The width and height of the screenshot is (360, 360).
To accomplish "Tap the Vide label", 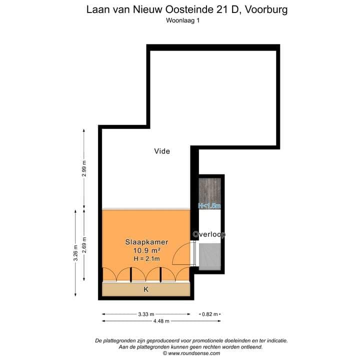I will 162,151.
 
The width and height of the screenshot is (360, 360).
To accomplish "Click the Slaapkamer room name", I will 146,242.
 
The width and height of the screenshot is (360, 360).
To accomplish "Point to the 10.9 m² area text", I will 146,250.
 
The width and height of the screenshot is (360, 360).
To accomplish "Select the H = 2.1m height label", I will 146,258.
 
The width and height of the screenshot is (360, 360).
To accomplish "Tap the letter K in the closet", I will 146,289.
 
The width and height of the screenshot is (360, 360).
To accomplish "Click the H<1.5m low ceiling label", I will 209,205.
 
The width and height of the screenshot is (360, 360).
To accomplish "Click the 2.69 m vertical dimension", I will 84,244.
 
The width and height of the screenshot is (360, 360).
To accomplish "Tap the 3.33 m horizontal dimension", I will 146,314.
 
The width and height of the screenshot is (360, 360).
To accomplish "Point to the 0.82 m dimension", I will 210,314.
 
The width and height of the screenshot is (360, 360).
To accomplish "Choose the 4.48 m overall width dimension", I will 161,321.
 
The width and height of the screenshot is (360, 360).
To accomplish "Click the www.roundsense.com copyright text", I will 191,353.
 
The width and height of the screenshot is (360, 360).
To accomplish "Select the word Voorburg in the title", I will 264,9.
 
